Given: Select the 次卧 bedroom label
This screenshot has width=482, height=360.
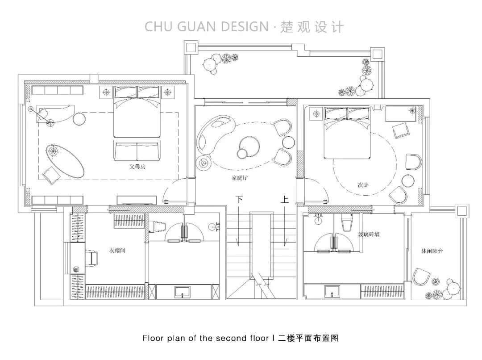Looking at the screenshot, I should [362, 184].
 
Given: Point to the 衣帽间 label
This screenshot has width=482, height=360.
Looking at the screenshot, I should [117, 251].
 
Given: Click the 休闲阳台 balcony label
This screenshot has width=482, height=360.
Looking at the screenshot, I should [432, 251].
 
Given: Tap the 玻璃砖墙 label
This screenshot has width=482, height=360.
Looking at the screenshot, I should [368, 234].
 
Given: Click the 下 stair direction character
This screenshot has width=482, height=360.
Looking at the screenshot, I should [239, 200].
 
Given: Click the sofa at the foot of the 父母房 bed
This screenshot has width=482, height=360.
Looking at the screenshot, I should [137, 151].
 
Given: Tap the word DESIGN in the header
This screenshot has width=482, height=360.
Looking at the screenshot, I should [240, 26].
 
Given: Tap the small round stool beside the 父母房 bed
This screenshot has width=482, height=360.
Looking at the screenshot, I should [79, 119].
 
